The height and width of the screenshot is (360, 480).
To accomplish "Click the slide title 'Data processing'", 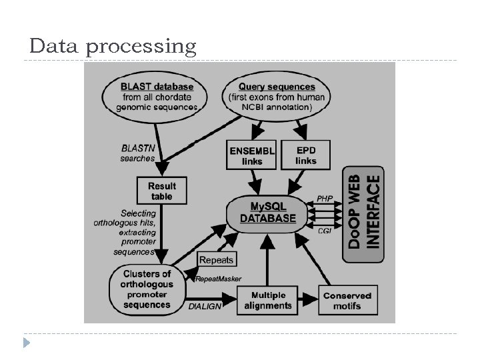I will click(x=113, y=47).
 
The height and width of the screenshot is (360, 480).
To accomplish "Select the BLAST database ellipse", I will click(x=157, y=97).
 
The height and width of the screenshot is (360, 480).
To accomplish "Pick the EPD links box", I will click(x=306, y=156).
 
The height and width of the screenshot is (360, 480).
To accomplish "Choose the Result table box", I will click(x=161, y=191).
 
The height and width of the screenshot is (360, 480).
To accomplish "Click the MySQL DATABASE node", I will click(x=267, y=212).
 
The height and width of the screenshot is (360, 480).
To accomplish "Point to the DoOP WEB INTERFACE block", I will click(x=365, y=212).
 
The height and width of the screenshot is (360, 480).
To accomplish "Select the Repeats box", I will click(x=217, y=259).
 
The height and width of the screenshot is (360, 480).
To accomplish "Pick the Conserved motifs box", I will click(x=347, y=301).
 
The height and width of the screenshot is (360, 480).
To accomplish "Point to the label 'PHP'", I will click(x=325, y=198).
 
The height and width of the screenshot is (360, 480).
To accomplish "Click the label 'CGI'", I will click(x=325, y=231).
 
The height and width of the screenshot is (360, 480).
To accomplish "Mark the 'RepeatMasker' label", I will click(x=219, y=278).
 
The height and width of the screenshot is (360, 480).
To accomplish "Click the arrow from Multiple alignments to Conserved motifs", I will click(x=307, y=301).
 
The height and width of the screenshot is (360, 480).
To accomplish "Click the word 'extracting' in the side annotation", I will click(x=137, y=233).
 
